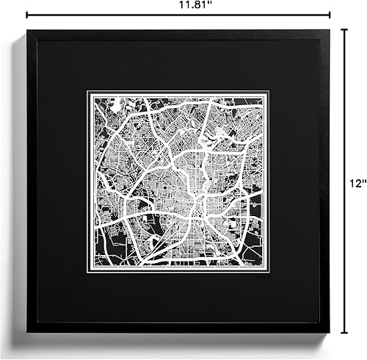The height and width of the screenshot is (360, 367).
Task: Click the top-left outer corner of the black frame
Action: click(x=27, y=30)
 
